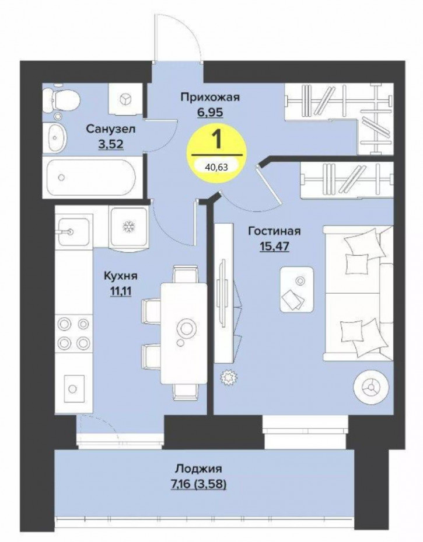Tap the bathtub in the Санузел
[92, 178]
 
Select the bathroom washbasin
[55, 137]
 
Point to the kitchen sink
[74, 231]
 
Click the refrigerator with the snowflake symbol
[129, 227]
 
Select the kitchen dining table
[184, 333]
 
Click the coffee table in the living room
[296, 289]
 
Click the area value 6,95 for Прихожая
[210, 112]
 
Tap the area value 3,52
[110, 144]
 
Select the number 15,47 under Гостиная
[274, 247]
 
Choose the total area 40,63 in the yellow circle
[216, 168]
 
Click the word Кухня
[121, 276]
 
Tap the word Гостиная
[274, 231]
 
